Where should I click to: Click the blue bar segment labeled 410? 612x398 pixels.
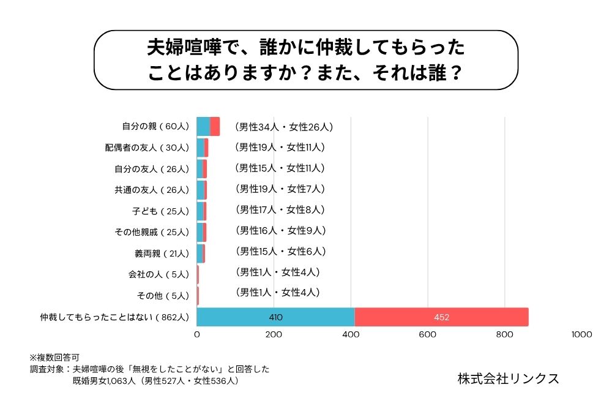pos(275,317)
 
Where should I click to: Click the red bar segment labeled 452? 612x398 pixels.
pos(441,317)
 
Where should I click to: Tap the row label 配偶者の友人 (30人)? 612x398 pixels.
pos(147,148)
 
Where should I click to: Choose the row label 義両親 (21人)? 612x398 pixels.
pos(162,253)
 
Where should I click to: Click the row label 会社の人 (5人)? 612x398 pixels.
pos(159,274)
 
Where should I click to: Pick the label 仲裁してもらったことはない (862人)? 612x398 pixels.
pos(114,317)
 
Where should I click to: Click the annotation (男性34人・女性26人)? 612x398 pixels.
pos(283,127)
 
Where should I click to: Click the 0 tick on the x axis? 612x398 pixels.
pos(197,335)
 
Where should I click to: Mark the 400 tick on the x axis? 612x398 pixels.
pos(351,335)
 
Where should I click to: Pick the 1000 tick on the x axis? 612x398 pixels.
pos(581,335)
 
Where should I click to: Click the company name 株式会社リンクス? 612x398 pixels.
pos(508,378)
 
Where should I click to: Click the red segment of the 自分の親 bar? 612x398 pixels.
pos(215,126)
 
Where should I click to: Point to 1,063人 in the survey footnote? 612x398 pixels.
pos(119,381)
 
